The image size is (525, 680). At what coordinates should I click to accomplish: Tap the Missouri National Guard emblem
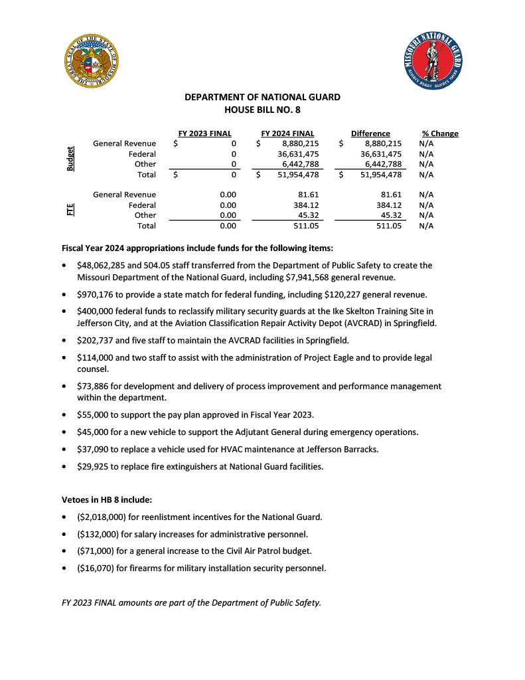[x=433, y=62]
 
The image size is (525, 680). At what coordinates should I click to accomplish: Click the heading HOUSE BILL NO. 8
[x=262, y=110]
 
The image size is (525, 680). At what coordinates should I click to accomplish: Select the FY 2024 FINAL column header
[x=287, y=133]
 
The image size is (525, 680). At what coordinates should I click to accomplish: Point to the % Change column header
[x=440, y=133]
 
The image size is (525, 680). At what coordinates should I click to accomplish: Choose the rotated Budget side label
[x=70, y=159]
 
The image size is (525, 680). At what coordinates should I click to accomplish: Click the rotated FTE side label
[x=70, y=210]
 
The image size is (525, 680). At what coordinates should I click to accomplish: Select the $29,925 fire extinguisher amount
[x=95, y=466]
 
